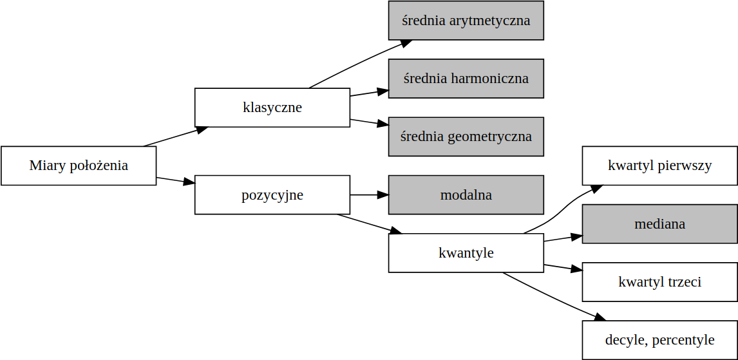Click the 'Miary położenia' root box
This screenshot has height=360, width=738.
click(x=79, y=166)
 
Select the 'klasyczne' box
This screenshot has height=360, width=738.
click(x=272, y=108)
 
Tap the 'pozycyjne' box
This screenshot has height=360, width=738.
click(x=272, y=194)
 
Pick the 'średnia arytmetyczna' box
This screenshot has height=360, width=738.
click(x=466, y=21)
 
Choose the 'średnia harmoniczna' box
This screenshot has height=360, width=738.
click(x=466, y=79)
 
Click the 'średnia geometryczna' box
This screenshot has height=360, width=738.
click(x=466, y=137)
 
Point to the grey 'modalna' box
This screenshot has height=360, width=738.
click(x=466, y=194)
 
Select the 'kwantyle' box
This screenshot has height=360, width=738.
click(x=466, y=253)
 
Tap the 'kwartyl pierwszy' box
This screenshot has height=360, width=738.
click(x=659, y=166)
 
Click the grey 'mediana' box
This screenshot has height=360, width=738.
click(x=659, y=224)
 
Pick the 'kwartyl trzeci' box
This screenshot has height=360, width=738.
click(x=659, y=282)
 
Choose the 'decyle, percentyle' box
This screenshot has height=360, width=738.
click(x=659, y=340)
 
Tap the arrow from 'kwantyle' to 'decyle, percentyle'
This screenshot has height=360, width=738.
click(x=554, y=297)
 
